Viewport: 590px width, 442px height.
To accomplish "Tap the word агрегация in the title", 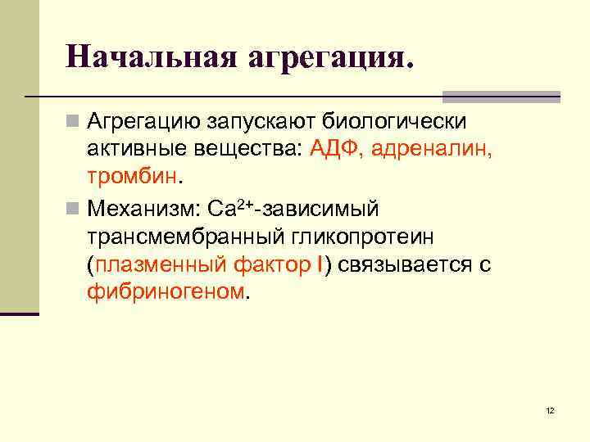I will tap(325, 58).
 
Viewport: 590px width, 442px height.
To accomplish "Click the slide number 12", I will tap(550, 410).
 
